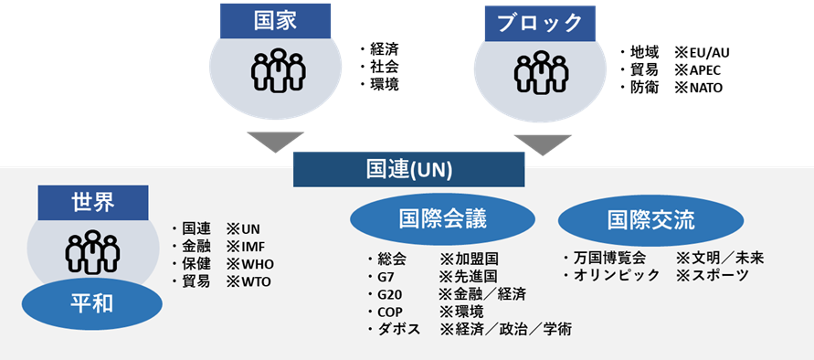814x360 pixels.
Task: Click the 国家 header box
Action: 275,21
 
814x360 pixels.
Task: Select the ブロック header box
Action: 540,24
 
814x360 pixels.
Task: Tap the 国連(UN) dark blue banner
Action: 409,169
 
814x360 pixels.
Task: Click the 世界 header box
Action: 93,203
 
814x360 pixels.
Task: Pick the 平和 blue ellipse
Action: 92,304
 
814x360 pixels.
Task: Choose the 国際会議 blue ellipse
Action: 443,219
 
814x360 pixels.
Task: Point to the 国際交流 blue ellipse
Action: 651,220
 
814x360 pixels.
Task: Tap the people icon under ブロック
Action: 541,73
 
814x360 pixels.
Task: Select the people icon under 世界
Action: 92,252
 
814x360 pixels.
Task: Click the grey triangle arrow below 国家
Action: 275,142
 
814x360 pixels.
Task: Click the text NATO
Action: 705,89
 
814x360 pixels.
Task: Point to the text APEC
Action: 705,70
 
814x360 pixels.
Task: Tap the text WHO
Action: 258,264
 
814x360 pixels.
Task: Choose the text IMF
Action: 253,247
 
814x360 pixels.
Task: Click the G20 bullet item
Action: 387,294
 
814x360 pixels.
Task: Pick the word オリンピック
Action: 617,275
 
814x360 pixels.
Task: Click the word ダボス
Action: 400,329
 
